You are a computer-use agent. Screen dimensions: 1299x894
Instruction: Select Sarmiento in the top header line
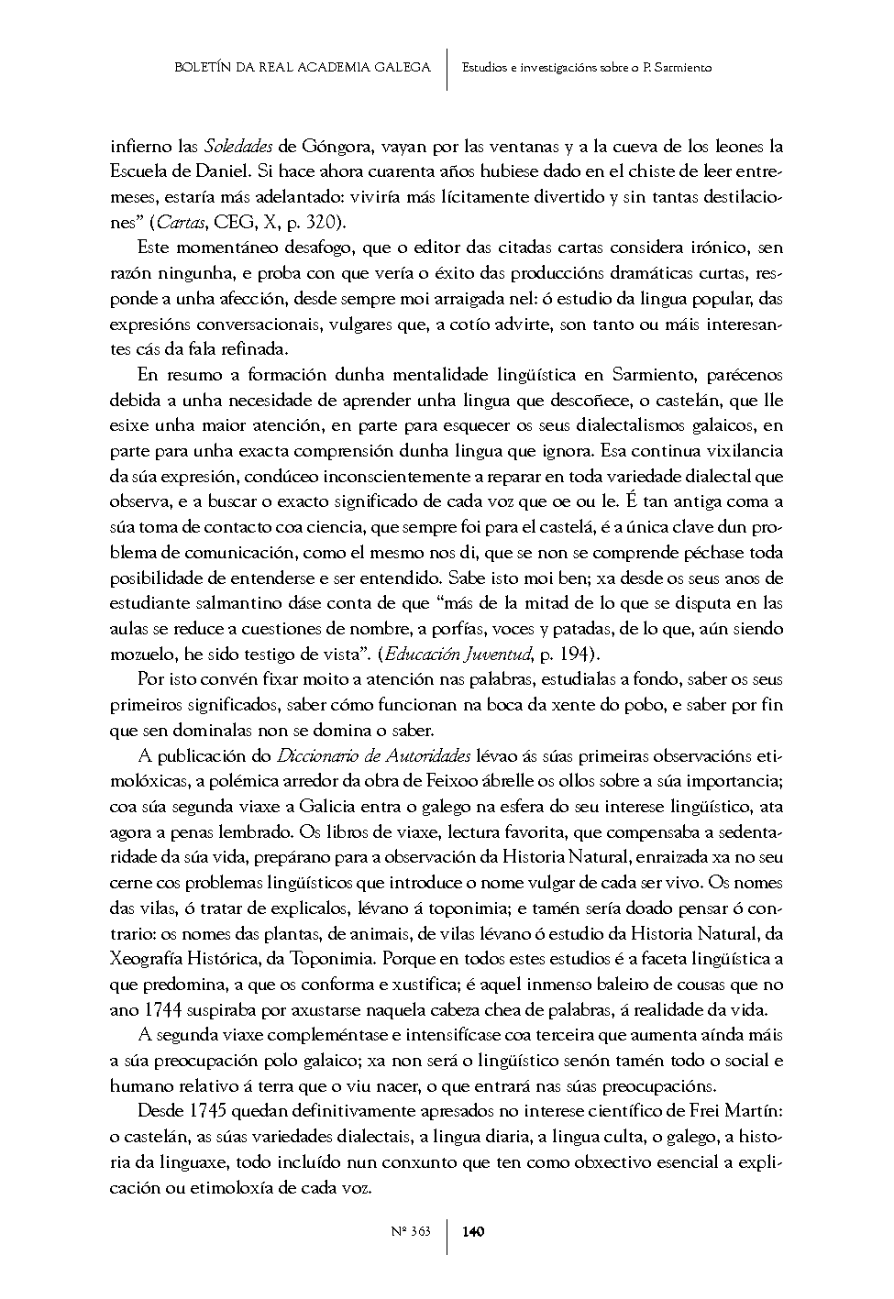[x=679, y=67]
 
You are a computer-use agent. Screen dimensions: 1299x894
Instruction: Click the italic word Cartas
[x=182, y=222]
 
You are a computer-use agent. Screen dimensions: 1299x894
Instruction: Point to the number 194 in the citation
[x=572, y=654]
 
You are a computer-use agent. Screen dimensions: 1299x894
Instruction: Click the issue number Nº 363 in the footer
[x=411, y=1232]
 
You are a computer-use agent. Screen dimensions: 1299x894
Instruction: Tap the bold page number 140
[x=474, y=1232]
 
